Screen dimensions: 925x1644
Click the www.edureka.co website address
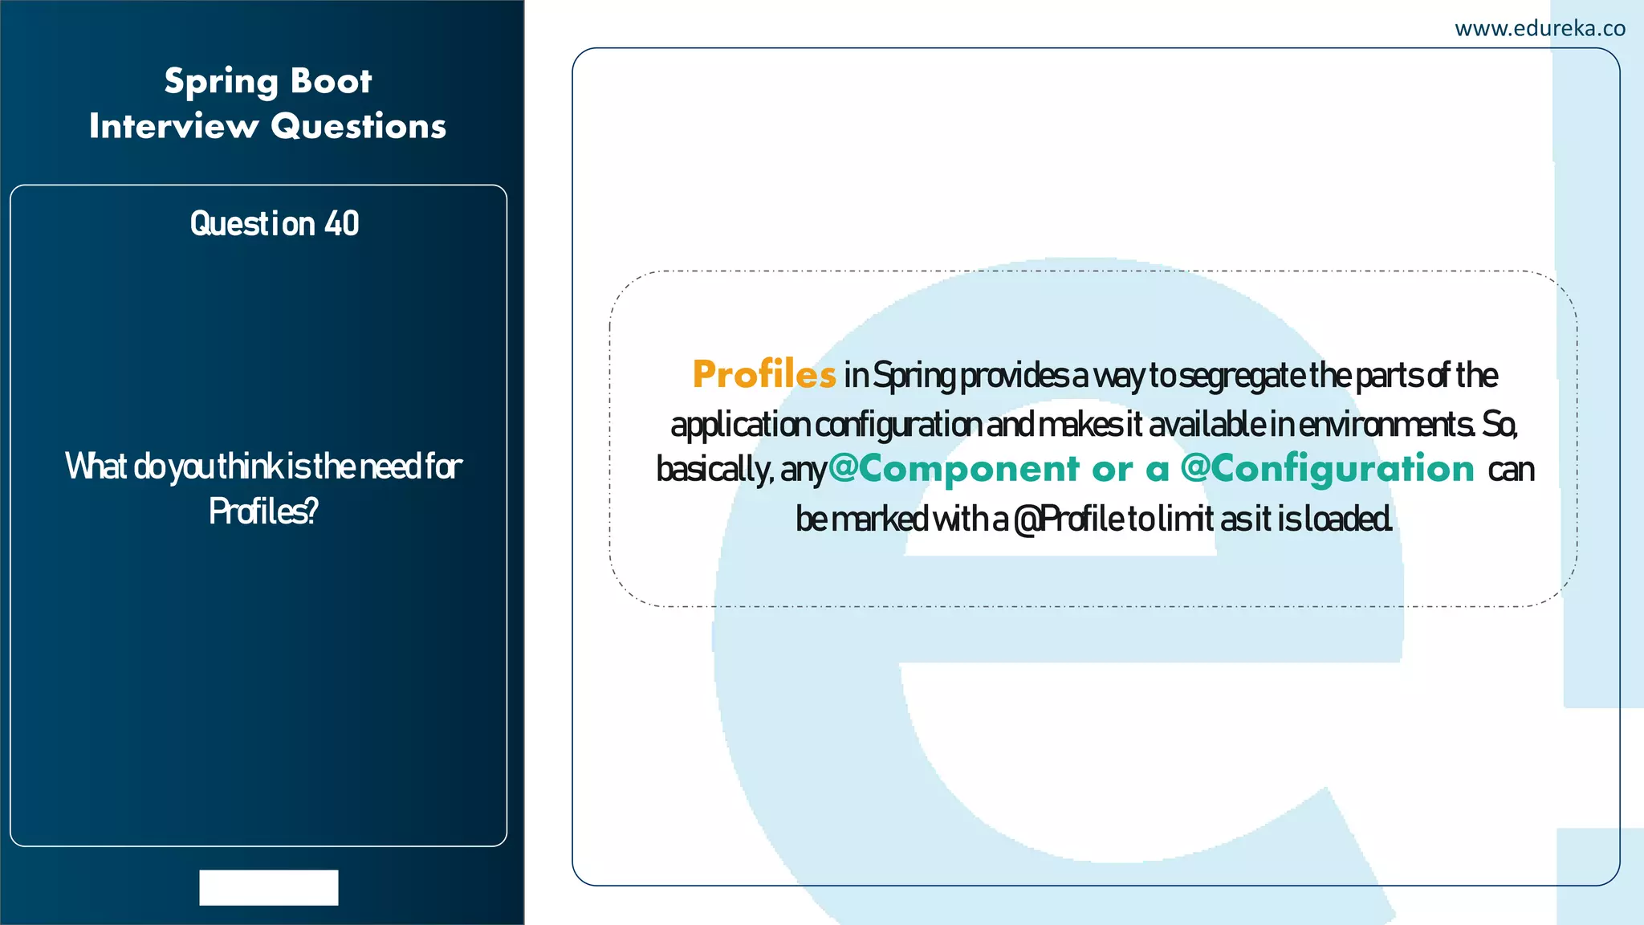pos(1540,29)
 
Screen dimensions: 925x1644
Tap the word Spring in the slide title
pos(222,82)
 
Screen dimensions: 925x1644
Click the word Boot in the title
pos(331,80)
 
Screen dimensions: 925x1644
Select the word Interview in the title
pos(173,126)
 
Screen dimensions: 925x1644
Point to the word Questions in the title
pos(358,126)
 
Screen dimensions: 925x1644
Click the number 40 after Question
pos(342,223)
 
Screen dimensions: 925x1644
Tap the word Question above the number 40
pos(252,224)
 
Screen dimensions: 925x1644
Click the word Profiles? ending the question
pos(263,511)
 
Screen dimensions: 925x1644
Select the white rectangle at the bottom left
pos(269,887)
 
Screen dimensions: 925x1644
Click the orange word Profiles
pos(764,374)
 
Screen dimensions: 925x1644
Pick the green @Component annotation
pos(954,469)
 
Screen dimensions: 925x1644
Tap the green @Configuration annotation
pos(1328,469)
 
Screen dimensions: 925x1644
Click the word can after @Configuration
pos(1511,470)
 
